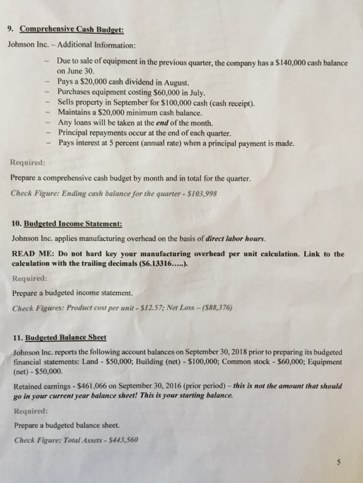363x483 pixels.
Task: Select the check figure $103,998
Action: click(x=203, y=194)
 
